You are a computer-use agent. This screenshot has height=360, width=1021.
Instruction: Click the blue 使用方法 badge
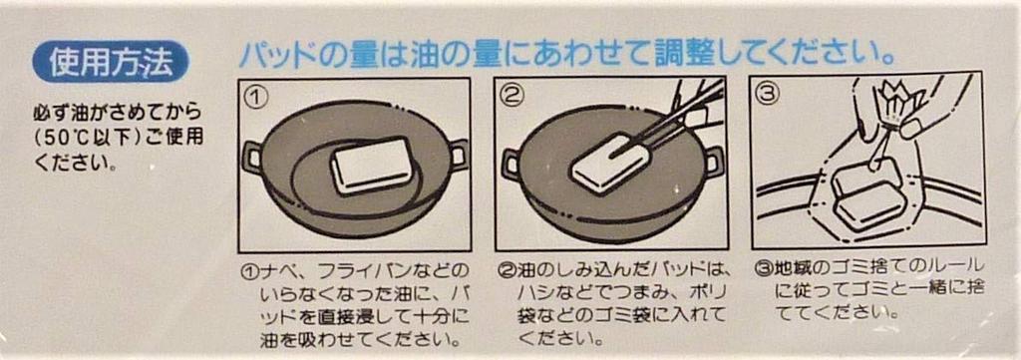click(x=110, y=63)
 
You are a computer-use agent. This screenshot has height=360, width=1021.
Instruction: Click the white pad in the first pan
click(x=372, y=166)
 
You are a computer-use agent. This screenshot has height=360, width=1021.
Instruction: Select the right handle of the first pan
click(x=458, y=156)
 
